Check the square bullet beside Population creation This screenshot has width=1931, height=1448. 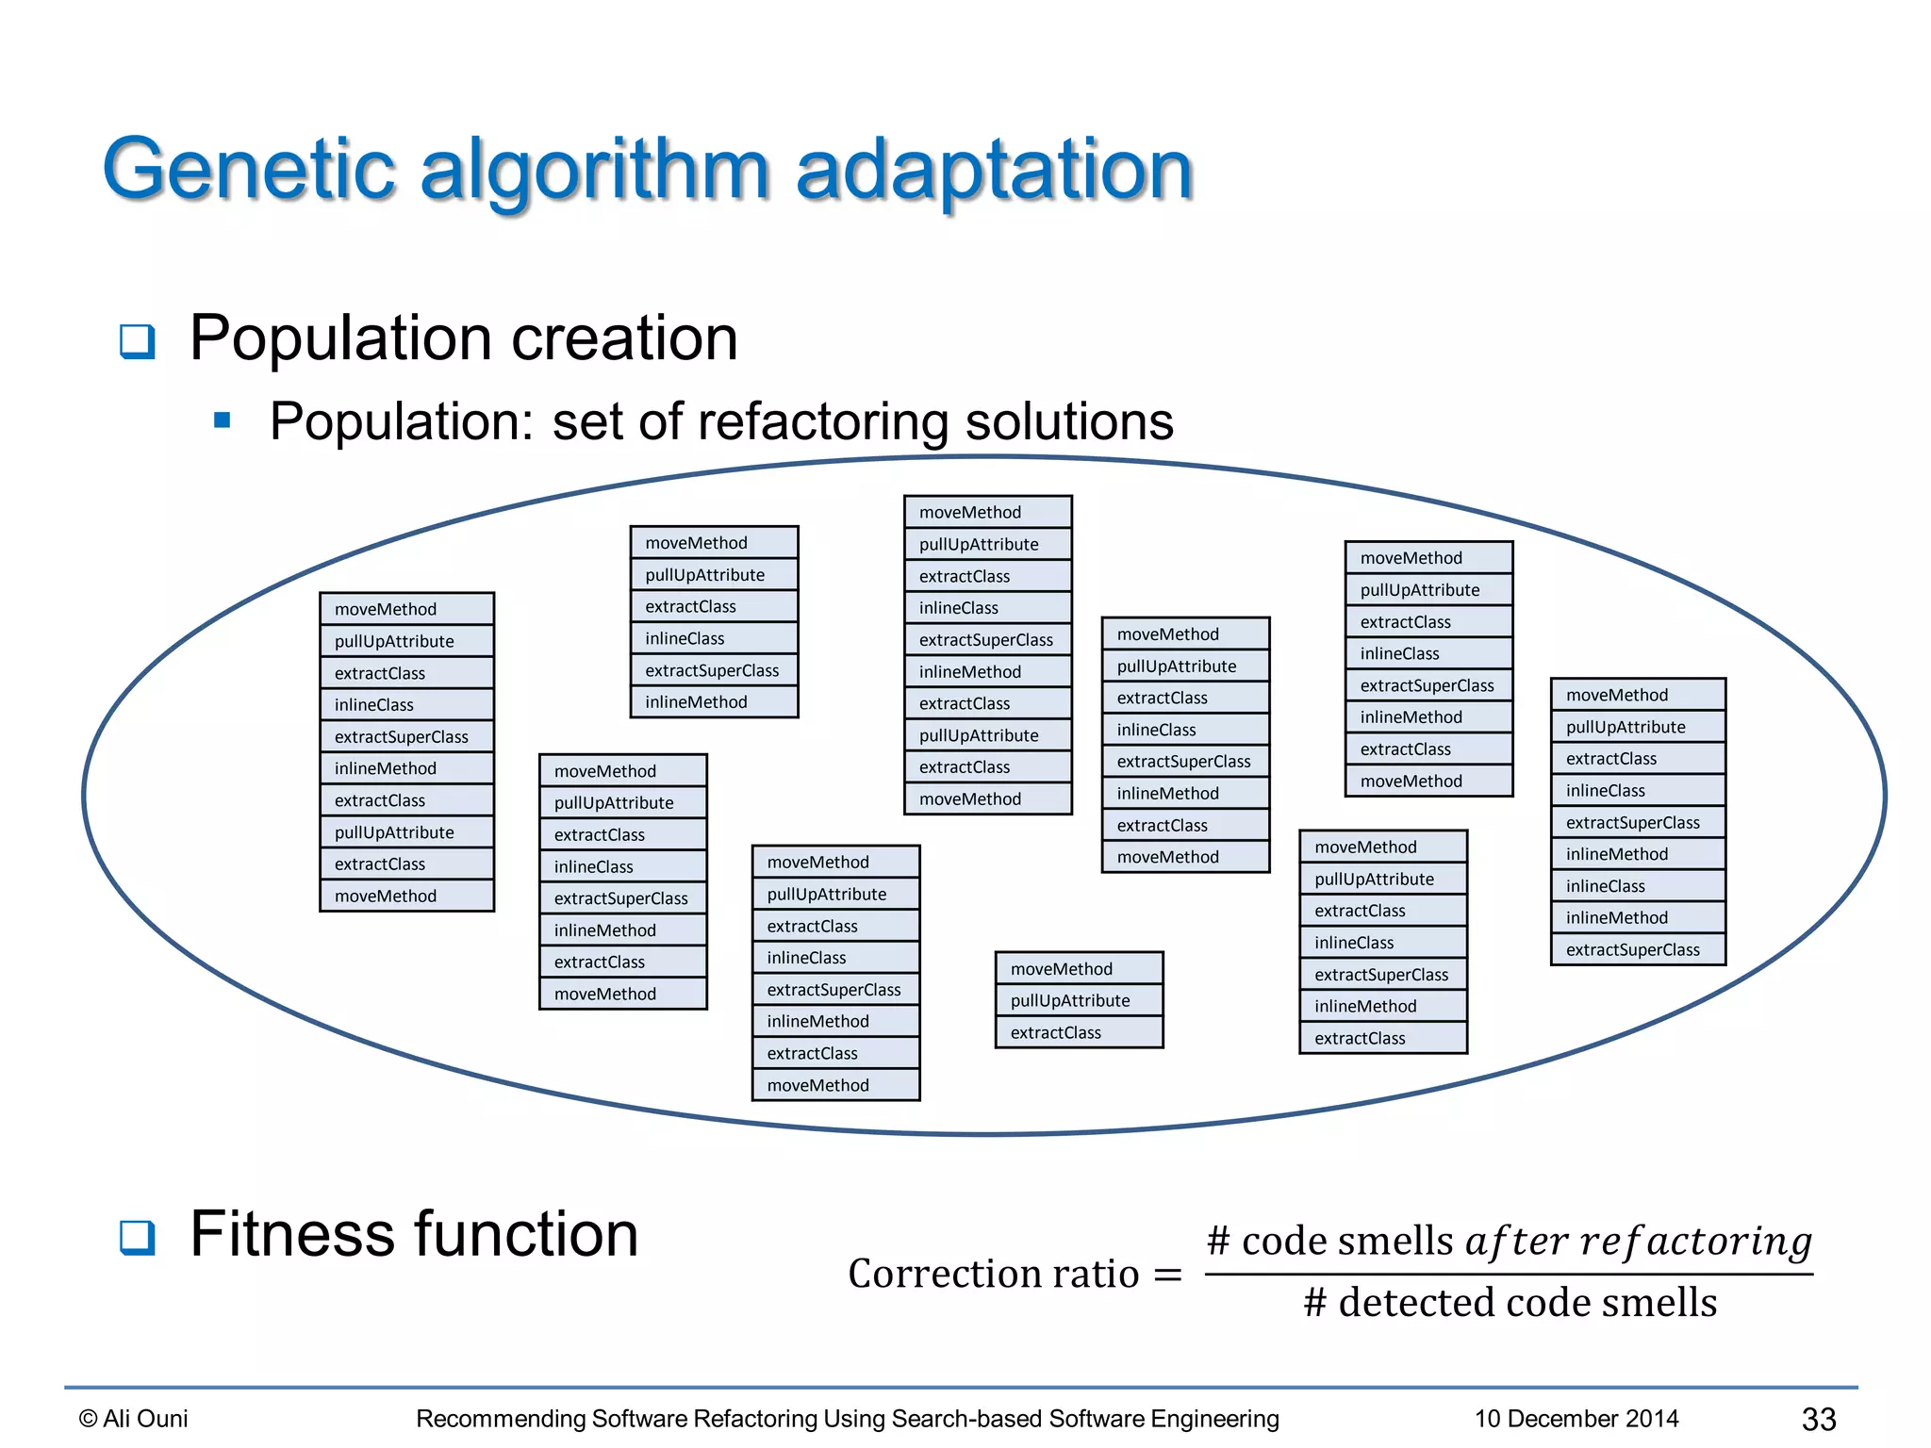click(x=138, y=340)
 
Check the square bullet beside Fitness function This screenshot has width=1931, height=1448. click(x=138, y=1237)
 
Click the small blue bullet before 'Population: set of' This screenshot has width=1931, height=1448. click(x=223, y=420)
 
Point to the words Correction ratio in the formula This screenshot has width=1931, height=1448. click(x=993, y=1274)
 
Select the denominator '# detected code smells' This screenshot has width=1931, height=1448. click(x=1510, y=1303)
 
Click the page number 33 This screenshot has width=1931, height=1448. click(x=1818, y=1419)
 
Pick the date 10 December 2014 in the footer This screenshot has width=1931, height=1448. click(x=1576, y=1419)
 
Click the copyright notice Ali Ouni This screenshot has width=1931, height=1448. click(x=134, y=1419)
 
